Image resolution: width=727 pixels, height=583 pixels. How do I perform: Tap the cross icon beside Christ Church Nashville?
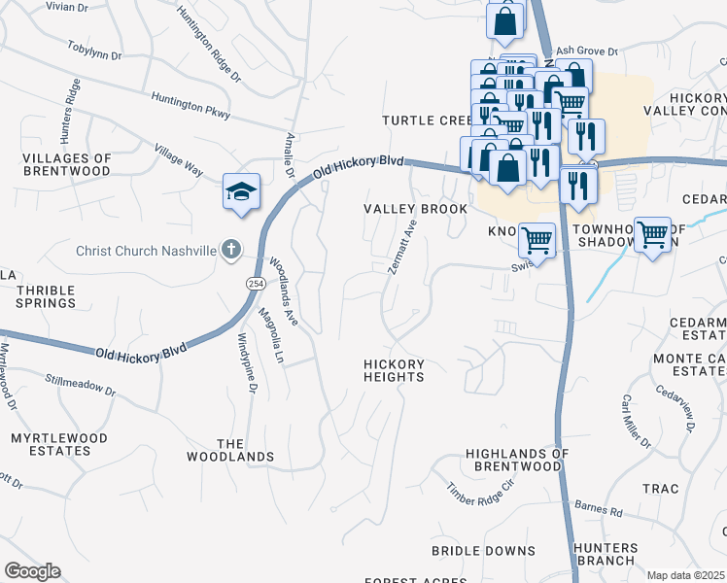pyautogui.click(x=230, y=250)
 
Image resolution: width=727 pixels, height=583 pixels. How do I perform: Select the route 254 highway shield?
pyautogui.click(x=255, y=283)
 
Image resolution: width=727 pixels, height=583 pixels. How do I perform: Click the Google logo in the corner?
pyautogui.click(x=33, y=571)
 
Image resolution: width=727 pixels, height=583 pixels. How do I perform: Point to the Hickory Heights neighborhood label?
pyautogui.click(x=394, y=370)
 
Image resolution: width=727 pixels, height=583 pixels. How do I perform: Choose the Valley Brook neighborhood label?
pyautogui.click(x=402, y=209)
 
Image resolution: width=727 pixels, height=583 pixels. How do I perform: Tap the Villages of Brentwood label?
pyautogui.click(x=66, y=164)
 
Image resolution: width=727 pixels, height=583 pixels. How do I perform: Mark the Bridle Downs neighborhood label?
pyautogui.click(x=470, y=550)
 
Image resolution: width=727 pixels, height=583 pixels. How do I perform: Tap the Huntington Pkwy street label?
pyautogui.click(x=190, y=106)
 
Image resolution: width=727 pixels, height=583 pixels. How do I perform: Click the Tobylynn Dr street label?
pyautogui.click(x=94, y=51)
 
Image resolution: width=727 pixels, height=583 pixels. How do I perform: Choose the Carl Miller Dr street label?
pyautogui.click(x=636, y=422)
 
